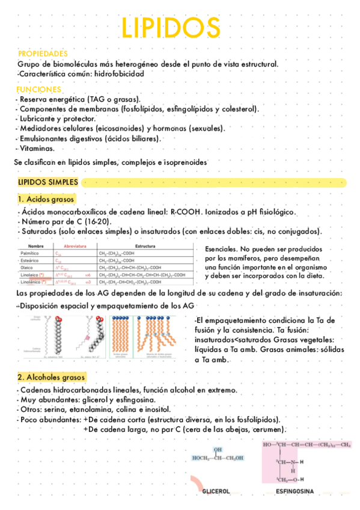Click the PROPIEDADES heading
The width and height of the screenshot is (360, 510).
(x=42, y=54)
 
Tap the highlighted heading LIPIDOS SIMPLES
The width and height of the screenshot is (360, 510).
(x=47, y=182)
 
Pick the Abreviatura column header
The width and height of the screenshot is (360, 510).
(x=72, y=247)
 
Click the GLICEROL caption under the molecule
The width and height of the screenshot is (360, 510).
(x=216, y=491)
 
